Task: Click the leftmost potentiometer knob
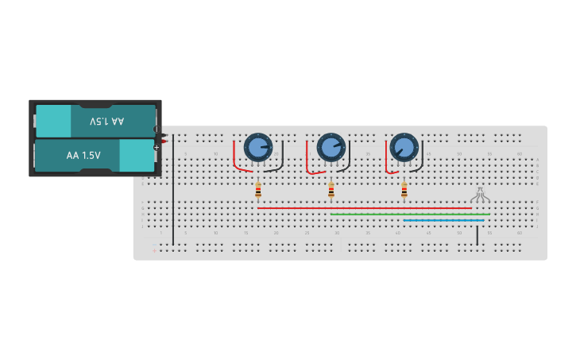coord(258,147)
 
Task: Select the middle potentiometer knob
coord(331,147)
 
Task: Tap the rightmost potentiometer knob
coord(404,147)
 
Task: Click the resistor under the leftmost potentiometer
coord(258,190)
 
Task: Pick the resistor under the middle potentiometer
coord(331,190)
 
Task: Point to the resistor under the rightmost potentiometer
coord(404,190)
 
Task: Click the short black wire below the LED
coord(477,235)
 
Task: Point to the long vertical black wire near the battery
coord(173,191)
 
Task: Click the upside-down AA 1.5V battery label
coord(106,122)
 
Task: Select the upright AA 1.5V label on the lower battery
coord(83,155)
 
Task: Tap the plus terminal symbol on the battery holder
coord(157,147)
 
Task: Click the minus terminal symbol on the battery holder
coord(156,130)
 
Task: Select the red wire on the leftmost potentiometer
coord(234,159)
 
